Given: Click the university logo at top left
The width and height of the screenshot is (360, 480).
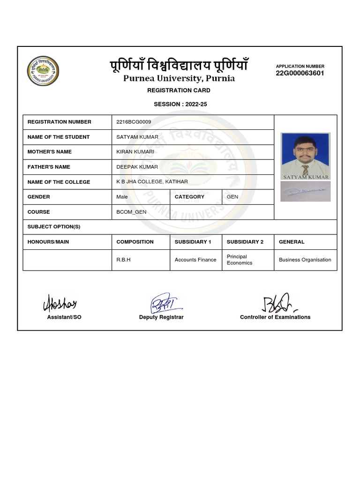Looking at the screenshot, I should [43, 71].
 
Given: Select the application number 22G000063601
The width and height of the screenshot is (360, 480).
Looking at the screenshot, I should [300, 73].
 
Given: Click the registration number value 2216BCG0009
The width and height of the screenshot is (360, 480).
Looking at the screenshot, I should [134, 122].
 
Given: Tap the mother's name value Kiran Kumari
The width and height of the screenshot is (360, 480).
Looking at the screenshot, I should [135, 152].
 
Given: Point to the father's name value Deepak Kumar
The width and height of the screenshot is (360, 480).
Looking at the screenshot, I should [137, 167].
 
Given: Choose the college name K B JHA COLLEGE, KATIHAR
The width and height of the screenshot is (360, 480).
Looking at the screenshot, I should [152, 182].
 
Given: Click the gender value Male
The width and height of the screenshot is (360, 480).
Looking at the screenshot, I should [122, 197].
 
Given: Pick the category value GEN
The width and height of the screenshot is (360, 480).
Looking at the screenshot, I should [232, 197].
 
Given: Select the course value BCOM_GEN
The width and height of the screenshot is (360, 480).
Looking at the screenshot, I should [131, 212].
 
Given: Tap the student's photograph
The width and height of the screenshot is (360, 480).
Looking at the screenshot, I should [306, 156].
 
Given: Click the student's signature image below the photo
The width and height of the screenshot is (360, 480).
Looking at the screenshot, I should [306, 191].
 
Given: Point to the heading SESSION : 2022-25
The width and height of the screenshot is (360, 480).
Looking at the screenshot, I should [180, 104].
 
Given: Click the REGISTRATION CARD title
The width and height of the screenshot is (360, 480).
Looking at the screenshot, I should [179, 90].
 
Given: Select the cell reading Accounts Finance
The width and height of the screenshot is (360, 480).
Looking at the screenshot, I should [195, 260].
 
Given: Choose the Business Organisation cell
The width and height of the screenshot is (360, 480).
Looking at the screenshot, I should [305, 260].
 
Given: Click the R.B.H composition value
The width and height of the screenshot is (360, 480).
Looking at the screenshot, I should [123, 260].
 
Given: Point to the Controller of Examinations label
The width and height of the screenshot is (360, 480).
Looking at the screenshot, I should [275, 317].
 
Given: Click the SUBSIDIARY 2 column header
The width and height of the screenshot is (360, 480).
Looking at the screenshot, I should [245, 242].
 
